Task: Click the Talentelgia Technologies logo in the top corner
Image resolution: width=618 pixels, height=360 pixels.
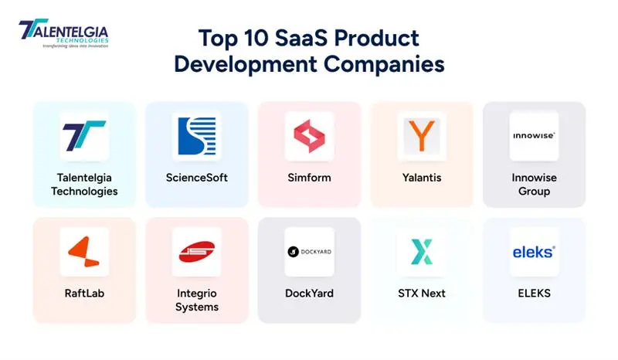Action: [x=63, y=34]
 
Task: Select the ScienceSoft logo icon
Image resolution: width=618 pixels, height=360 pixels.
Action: [x=196, y=136]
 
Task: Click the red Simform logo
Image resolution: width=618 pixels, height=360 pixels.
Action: [x=309, y=136]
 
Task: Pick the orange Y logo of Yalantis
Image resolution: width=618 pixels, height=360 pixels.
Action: [x=422, y=136]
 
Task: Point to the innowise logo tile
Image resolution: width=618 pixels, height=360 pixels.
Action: [x=534, y=136]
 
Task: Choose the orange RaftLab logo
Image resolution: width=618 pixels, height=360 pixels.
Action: [x=84, y=252]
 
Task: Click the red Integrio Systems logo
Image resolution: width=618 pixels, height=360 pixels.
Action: [x=196, y=252]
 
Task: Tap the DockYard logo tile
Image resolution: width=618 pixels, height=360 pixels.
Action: [x=309, y=252]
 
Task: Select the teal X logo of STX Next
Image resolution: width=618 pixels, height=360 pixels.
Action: [x=422, y=252]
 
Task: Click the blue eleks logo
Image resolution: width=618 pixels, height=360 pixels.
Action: [x=534, y=252]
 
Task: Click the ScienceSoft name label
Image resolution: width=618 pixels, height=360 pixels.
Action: [x=196, y=178]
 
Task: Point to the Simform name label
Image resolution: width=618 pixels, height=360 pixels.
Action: [x=309, y=178]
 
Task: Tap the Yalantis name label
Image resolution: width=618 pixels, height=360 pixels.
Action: [x=422, y=178]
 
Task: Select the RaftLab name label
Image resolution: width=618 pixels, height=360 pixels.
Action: [x=84, y=294]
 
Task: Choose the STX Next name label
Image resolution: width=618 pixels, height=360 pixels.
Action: [x=422, y=294]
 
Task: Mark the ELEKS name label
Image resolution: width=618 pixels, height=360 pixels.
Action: [x=534, y=294]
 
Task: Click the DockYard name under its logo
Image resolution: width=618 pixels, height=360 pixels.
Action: [x=309, y=294]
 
